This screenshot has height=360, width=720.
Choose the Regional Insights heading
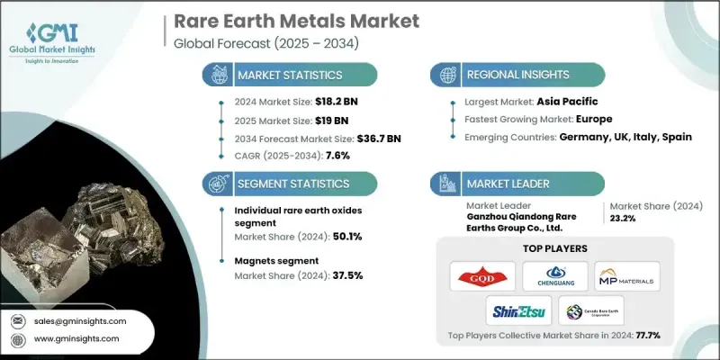[x=523, y=75]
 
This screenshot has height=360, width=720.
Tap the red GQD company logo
[x=482, y=275]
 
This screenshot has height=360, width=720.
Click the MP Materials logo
[x=627, y=275]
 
